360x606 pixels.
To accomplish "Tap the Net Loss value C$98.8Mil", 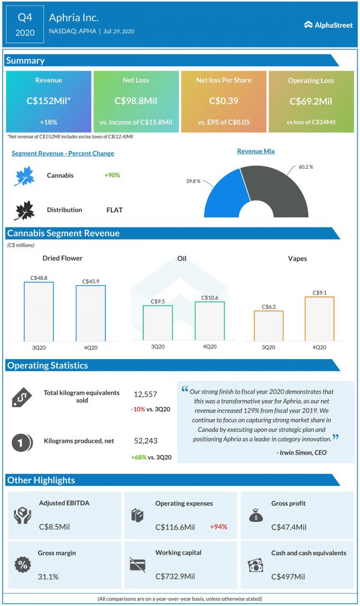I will [x=136, y=101].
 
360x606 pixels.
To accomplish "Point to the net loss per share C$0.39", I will [x=223, y=101].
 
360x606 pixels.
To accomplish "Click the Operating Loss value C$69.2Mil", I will [x=311, y=101].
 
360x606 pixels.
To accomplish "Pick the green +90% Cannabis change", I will [x=112, y=176].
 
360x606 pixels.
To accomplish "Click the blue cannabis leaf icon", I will [x=25, y=176].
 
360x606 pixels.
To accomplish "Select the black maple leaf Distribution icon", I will [x=25, y=209].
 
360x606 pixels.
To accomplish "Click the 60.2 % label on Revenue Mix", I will [x=306, y=167].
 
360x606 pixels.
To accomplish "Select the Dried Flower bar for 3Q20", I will [x=38, y=312].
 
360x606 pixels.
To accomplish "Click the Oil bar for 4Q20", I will [x=210, y=322].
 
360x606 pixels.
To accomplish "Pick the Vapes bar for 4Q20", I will [x=319, y=319].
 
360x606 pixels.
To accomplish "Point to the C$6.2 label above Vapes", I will [x=268, y=307].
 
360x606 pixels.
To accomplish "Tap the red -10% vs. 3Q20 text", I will [x=152, y=410].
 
